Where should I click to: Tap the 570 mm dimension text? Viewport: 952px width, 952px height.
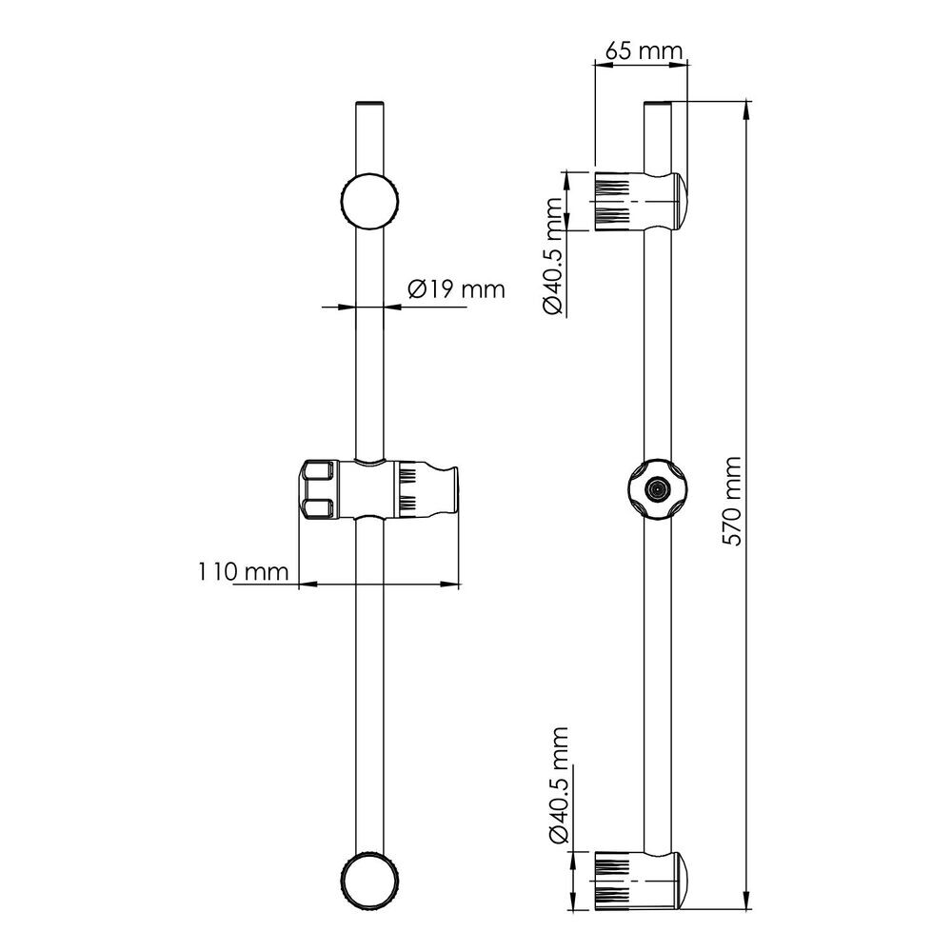pos(733,502)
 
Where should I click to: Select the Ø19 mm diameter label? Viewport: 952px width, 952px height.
pos(457,289)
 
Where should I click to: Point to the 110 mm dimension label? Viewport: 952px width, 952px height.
pos(244,571)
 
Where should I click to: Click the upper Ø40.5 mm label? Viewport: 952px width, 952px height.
pos(554,255)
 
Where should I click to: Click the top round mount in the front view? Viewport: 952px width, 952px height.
pos(369,201)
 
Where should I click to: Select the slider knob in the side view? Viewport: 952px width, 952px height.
pos(656,488)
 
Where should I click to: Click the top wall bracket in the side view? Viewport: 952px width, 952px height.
pos(640,201)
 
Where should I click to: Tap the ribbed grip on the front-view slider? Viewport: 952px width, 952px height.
pos(407,488)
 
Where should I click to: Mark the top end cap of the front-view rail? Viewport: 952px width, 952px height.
pos(369,104)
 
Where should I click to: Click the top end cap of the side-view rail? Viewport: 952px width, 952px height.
pos(658,104)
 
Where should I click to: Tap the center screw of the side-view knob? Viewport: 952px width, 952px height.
pos(656,488)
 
